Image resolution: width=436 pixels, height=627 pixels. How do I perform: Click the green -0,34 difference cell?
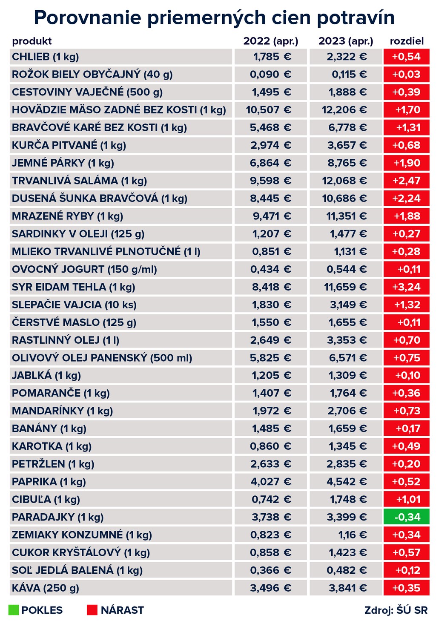tap(407, 517)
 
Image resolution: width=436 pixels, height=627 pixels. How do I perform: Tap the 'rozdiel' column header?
tap(407, 41)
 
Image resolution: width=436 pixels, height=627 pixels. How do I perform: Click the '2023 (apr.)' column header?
tap(346, 41)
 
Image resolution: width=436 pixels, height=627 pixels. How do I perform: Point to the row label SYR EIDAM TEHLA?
tap(73, 287)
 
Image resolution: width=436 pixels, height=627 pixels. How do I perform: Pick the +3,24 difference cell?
tap(407, 287)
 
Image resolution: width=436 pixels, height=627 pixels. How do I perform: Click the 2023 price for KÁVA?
tap(347, 588)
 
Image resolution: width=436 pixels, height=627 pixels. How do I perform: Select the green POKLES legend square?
tap(13, 610)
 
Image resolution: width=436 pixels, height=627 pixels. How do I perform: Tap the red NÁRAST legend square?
tap(92, 610)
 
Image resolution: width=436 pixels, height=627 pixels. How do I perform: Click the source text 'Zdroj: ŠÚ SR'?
tap(396, 610)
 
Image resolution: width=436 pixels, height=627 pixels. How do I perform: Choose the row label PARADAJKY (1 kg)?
tap(58, 517)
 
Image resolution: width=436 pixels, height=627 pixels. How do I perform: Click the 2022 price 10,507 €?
tap(269, 110)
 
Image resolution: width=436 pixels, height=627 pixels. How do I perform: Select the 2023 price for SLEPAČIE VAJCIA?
tap(347, 305)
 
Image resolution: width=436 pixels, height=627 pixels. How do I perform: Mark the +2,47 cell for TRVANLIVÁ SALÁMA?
tap(407, 181)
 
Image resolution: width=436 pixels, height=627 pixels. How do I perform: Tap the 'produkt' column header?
tap(32, 41)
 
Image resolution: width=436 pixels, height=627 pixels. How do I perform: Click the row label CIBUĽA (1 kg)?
tap(46, 499)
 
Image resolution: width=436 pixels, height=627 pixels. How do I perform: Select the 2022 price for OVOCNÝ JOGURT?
tap(271, 269)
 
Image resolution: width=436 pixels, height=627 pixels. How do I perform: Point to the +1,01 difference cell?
tap(407, 499)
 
